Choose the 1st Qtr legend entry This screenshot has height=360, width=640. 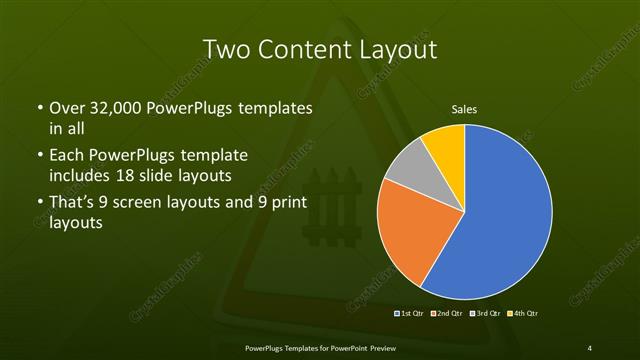[411, 315]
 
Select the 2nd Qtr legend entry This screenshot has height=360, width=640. [447, 315]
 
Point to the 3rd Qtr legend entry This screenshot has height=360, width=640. [485, 315]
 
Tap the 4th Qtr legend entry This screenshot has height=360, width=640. [521, 315]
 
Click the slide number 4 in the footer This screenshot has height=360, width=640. [589, 348]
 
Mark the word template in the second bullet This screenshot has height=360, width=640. [214, 156]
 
